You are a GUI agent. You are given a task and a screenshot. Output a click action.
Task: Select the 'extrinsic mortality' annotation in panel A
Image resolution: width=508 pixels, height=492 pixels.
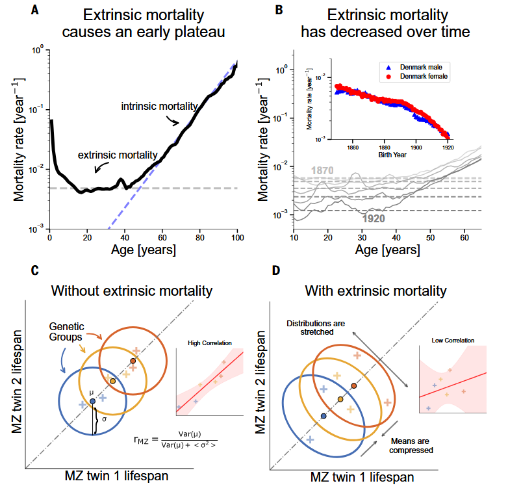[118, 155]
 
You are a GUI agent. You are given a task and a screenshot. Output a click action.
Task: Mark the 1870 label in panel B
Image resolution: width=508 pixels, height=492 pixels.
[324, 171]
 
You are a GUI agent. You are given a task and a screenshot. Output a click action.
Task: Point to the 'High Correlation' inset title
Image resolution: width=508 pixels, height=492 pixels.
[209, 343]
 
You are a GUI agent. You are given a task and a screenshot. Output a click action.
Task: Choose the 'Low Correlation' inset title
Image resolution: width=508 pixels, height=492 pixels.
[453, 340]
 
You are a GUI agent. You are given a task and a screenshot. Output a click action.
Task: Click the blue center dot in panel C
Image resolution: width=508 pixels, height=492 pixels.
[93, 401]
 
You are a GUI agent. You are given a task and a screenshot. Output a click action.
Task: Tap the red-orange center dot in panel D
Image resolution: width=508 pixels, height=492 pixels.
[353, 386]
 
